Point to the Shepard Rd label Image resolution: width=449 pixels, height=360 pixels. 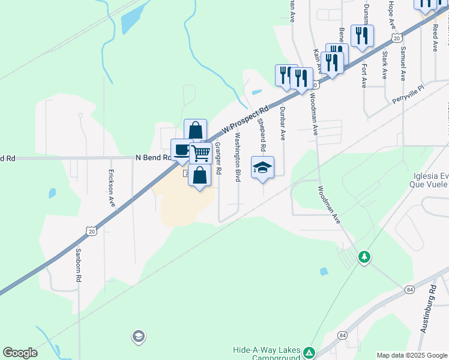262,134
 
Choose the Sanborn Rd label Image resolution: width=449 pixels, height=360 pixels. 78,265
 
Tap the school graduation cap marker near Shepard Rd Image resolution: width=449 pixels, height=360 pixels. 262,167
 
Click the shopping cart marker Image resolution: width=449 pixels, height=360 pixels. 200,153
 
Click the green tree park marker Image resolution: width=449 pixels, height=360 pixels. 364,257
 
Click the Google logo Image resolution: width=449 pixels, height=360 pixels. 20,353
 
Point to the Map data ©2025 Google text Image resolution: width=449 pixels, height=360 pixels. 411,355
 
